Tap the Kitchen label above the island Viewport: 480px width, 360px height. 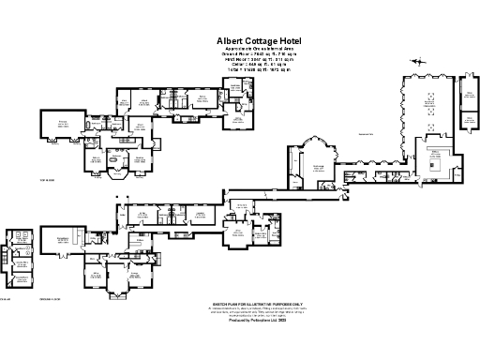(434, 150)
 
